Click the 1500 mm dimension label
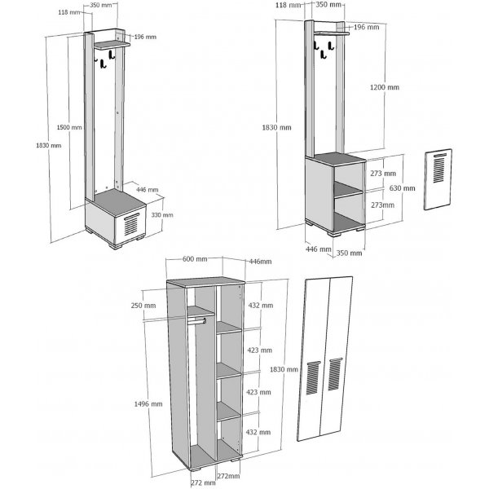[70, 128]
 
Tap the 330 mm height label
[162, 215]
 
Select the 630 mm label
[403, 188]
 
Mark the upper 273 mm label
[382, 174]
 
